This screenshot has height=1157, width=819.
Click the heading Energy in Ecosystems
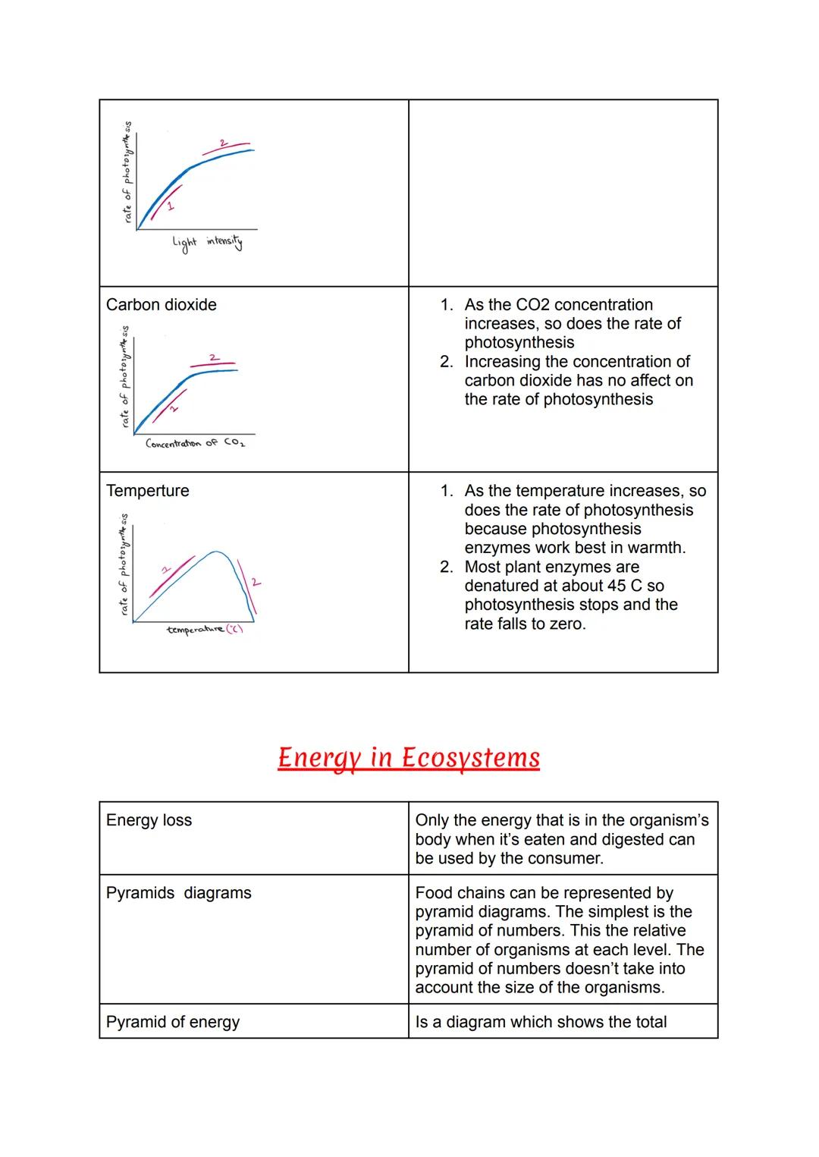[x=409, y=757]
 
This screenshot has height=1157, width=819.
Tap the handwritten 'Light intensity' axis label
[x=207, y=243]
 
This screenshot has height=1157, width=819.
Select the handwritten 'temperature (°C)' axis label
[x=204, y=630]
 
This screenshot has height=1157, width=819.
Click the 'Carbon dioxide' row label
[x=162, y=305]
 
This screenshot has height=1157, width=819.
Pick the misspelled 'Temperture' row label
[x=148, y=491]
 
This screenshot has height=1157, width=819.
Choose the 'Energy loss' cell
[x=149, y=820]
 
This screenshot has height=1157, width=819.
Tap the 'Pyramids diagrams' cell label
[x=179, y=893]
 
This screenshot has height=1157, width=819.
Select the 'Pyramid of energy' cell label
[x=173, y=1022]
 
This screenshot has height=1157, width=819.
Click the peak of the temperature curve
[x=217, y=552]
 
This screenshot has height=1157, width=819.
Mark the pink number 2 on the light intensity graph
[x=223, y=143]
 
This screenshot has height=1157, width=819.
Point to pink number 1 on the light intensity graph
[x=170, y=206]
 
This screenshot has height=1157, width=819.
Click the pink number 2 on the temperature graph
[x=256, y=583]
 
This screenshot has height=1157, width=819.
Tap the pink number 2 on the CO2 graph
[x=213, y=357]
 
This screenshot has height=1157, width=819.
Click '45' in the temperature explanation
[x=617, y=586]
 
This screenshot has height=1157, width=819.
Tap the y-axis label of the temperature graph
[x=124, y=565]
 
